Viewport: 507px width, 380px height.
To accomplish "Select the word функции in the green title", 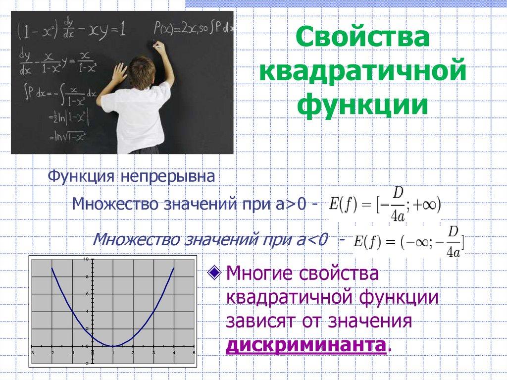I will pyautogui.click(x=363, y=106).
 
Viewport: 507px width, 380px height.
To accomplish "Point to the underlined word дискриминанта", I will pyautogui.click(x=305, y=345).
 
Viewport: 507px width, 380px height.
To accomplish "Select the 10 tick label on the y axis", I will pyautogui.click(x=86, y=260).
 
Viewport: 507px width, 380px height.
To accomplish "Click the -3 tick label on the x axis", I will pyautogui.click(x=32, y=352).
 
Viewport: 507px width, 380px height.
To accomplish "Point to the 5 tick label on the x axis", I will pyautogui.click(x=194, y=352).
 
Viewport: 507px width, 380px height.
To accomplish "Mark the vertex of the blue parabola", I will pyautogui.click(x=113, y=346).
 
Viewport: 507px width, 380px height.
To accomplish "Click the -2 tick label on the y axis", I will pyautogui.click(x=86, y=363).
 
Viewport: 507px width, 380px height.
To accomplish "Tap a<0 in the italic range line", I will pyautogui.click(x=311, y=241).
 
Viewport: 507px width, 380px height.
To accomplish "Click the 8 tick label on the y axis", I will pyautogui.click(x=86, y=277).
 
